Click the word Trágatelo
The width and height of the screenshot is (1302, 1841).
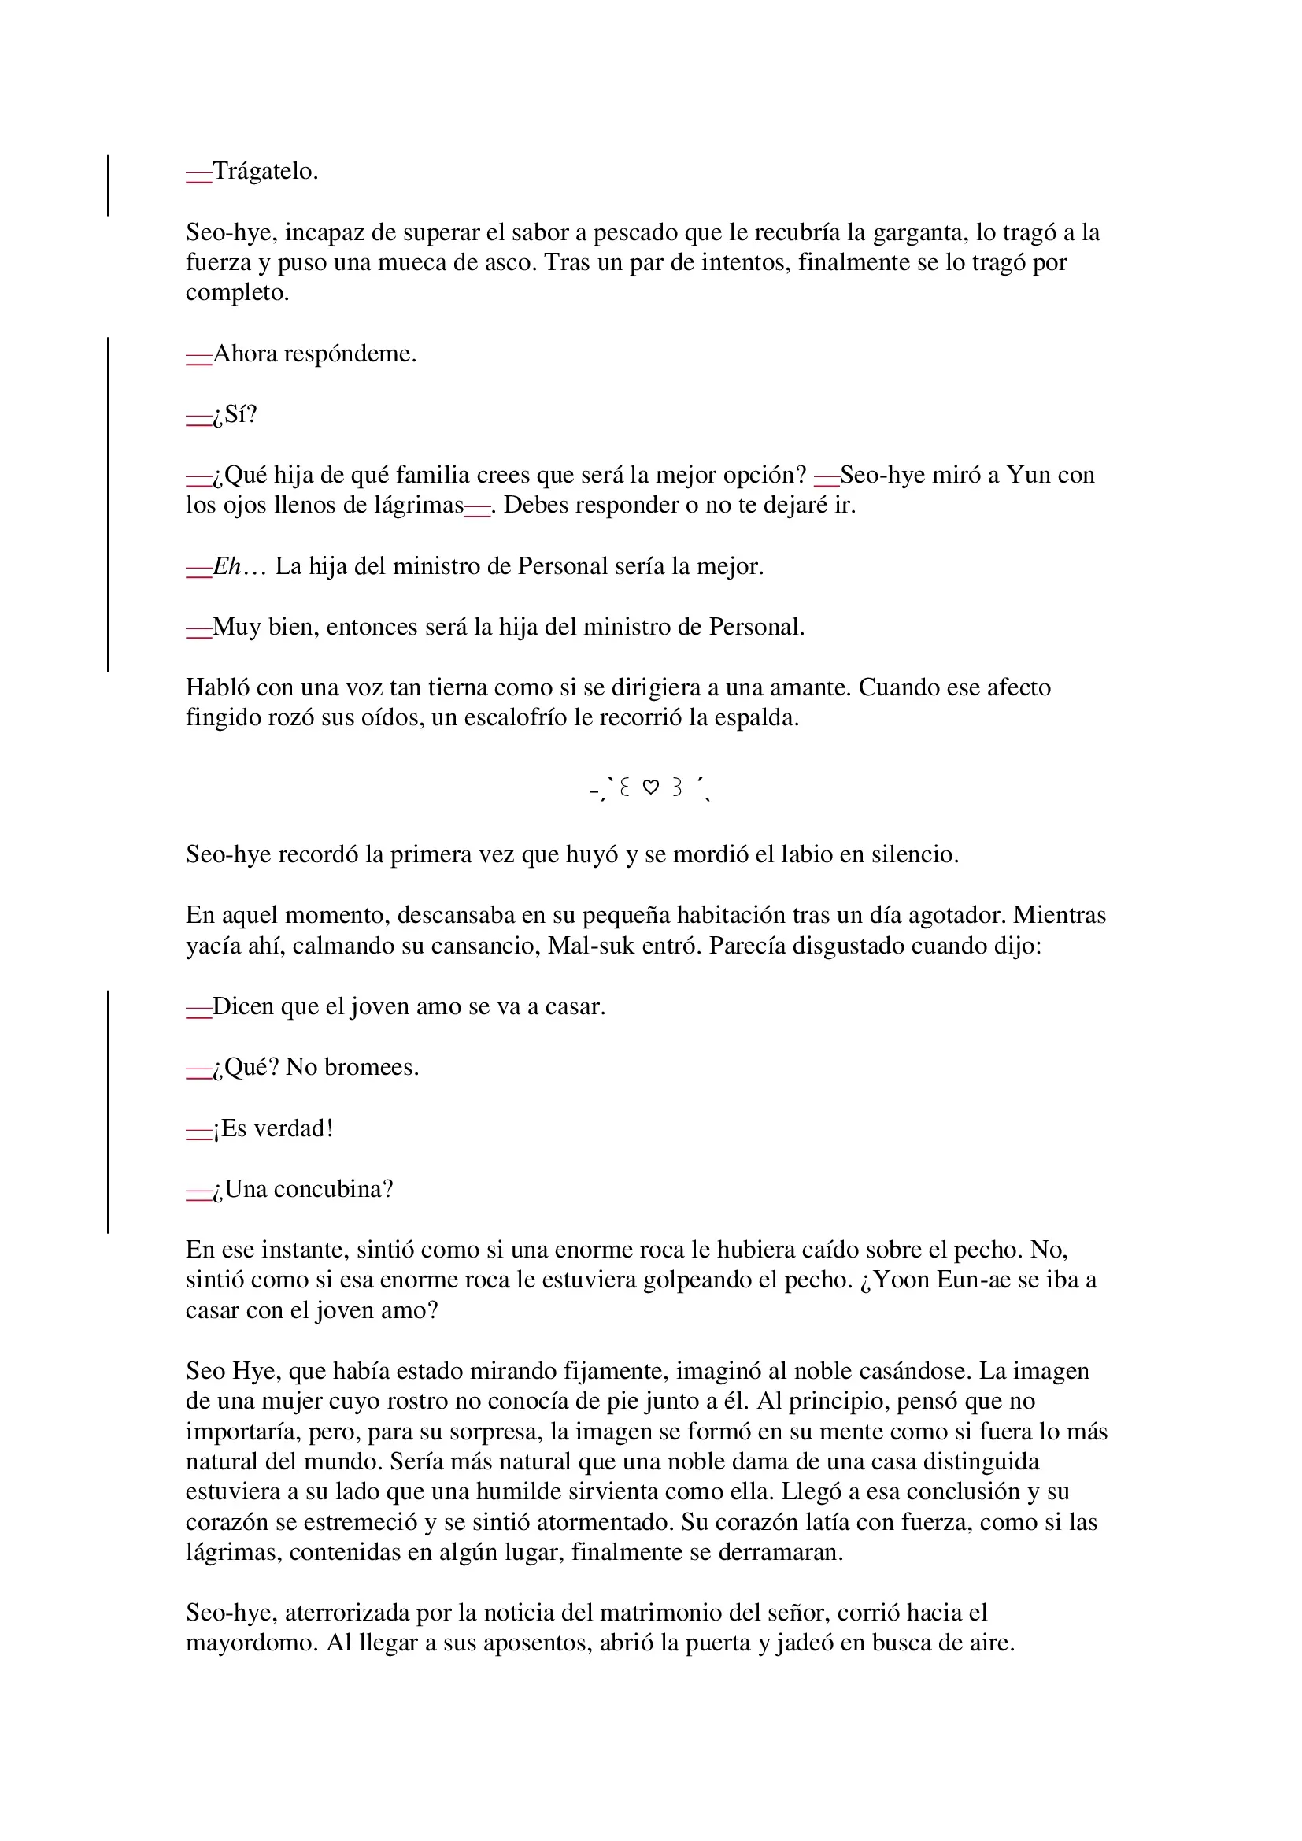point(264,172)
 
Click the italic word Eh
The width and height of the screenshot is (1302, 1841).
point(227,567)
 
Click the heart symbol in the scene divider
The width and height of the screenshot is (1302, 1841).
point(651,788)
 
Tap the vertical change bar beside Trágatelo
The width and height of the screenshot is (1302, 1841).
point(108,185)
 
